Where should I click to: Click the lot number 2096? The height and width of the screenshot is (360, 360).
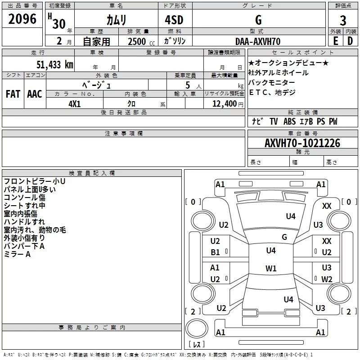(x=22, y=19)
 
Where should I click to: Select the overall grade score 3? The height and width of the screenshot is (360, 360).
(x=343, y=20)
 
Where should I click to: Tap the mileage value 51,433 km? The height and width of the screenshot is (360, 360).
(x=55, y=65)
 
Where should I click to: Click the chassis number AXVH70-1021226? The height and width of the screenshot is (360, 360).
(x=302, y=143)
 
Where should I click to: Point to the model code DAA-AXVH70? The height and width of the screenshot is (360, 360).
(x=258, y=41)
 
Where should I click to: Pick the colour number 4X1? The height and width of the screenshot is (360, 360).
(x=75, y=104)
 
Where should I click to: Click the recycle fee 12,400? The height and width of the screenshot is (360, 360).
(x=224, y=104)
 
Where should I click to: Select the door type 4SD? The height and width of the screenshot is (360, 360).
(x=174, y=20)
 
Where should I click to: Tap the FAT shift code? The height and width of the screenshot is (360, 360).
(x=13, y=94)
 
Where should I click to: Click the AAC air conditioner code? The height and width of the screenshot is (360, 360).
(x=35, y=94)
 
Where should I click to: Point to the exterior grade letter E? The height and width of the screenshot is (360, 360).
(x=336, y=41)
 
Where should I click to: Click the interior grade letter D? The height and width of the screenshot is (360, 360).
(x=350, y=41)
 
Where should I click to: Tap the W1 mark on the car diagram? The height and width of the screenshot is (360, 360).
(x=271, y=268)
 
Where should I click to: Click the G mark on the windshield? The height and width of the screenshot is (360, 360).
(x=284, y=237)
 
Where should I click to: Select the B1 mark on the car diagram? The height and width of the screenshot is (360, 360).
(x=215, y=252)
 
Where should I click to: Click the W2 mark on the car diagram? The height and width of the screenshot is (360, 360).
(x=327, y=279)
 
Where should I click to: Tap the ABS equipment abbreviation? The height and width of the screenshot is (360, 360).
(x=289, y=121)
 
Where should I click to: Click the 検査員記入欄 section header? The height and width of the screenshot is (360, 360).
(x=92, y=173)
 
